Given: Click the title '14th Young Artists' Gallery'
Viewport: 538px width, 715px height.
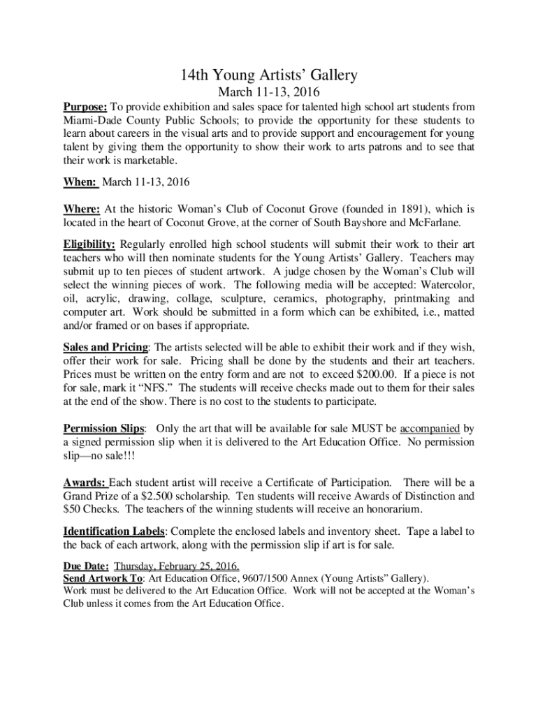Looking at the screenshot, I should (x=269, y=75).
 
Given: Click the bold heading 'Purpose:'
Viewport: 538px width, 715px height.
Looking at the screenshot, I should (x=85, y=107).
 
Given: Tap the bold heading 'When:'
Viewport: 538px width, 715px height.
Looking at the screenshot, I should (x=80, y=182).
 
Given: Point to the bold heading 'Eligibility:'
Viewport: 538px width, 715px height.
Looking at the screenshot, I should (x=89, y=244).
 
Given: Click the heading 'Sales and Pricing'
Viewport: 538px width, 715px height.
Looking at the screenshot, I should (x=106, y=347).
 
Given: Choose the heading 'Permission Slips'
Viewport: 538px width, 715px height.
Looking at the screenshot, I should (x=104, y=428).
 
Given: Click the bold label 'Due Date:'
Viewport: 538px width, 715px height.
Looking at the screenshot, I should (x=86, y=566).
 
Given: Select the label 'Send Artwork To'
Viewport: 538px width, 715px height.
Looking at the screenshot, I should (x=103, y=579).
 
